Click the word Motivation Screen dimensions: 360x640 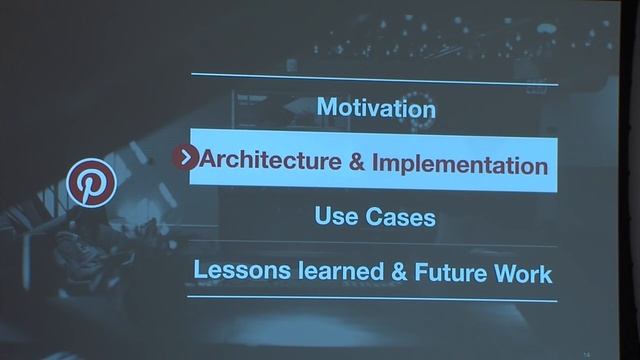[375, 106]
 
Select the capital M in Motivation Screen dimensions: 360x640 [327, 106]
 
